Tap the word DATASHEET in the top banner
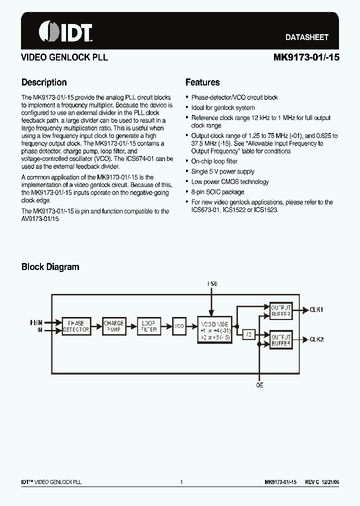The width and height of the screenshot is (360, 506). click(x=306, y=37)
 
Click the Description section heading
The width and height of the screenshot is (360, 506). click(x=44, y=82)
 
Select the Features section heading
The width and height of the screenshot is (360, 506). click(x=202, y=82)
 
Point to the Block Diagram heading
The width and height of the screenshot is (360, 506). click(x=50, y=266)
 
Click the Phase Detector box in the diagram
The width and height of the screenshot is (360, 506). click(x=76, y=326)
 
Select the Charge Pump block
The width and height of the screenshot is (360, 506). click(x=113, y=326)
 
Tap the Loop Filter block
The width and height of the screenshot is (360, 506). click(x=149, y=326)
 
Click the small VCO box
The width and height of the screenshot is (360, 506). click(x=179, y=326)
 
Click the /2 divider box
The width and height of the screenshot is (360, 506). click(x=248, y=334)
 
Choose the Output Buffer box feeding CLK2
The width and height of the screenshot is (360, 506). click(x=281, y=340)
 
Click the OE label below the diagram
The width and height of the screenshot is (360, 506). click(x=259, y=385)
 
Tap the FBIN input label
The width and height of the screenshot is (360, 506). click(x=36, y=322)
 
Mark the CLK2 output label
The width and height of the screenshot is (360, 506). click(x=316, y=339)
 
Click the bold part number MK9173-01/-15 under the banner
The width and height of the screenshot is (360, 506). click(x=306, y=57)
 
